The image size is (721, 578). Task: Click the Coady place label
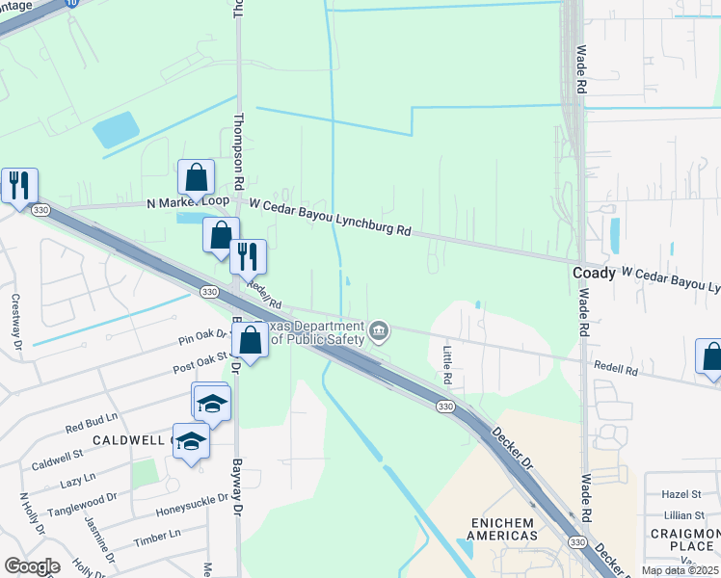click(x=594, y=273)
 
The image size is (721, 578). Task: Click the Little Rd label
click(x=447, y=366)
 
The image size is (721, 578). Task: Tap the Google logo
click(x=32, y=566)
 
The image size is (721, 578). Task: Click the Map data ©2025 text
click(x=681, y=570)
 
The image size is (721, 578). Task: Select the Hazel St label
click(x=681, y=493)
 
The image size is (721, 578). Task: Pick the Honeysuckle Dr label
click(x=192, y=504)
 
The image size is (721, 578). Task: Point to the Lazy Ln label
click(x=76, y=480)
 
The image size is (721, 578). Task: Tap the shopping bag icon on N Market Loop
click(x=197, y=178)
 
